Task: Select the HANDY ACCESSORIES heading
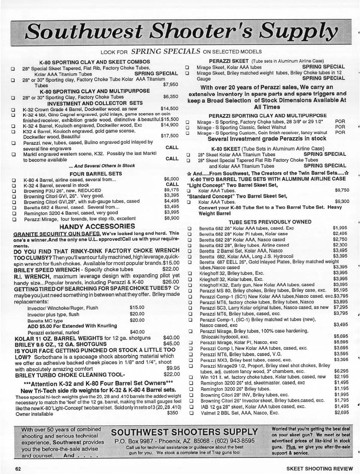pyautogui.click(x=97, y=226)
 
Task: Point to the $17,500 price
pyautogui.click(x=169, y=136)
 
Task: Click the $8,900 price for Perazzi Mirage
pyautogui.click(x=171, y=218)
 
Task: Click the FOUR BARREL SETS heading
pyautogui.click(x=96, y=174)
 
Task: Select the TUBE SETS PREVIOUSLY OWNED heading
pyautogui.click(x=270, y=222)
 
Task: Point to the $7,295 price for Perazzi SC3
pyautogui.click(x=340, y=307)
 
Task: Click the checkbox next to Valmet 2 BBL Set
pyautogui.click(x=190, y=413)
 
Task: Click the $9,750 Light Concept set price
pyautogui.click(x=342, y=190)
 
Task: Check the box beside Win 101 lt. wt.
pyautogui.click(x=190, y=377)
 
